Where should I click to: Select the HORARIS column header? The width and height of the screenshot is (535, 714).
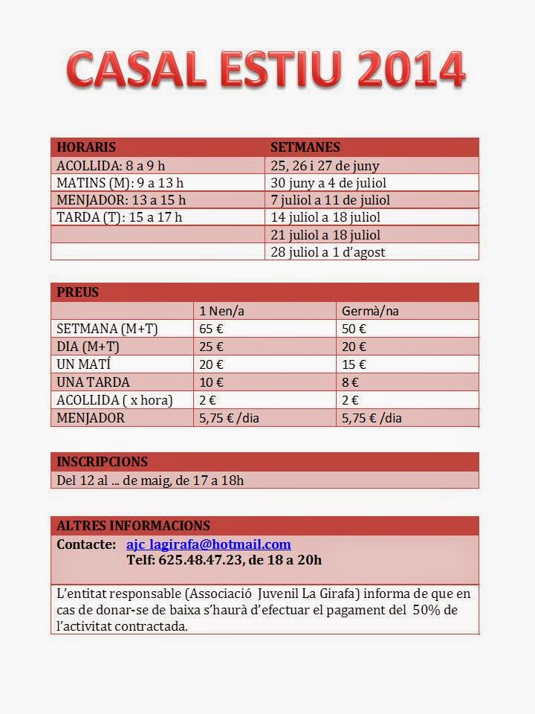pyautogui.click(x=86, y=147)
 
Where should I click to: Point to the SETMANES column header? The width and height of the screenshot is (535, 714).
pyautogui.click(x=305, y=147)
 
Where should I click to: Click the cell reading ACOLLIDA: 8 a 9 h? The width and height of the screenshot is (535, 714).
pyautogui.click(x=111, y=165)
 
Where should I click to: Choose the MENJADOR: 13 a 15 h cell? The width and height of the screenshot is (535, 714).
pyautogui.click(x=121, y=199)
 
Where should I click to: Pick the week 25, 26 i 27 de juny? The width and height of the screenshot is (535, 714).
pyautogui.click(x=325, y=165)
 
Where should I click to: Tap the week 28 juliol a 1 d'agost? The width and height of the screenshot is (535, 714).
pyautogui.click(x=328, y=251)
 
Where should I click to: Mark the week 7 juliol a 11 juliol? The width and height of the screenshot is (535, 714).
pyautogui.click(x=330, y=199)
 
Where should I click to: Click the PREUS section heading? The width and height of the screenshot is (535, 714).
pyautogui.click(x=78, y=292)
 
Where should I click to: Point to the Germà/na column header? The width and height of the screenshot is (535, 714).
pyautogui.click(x=370, y=311)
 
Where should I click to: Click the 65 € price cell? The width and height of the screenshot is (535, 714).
pyautogui.click(x=212, y=329)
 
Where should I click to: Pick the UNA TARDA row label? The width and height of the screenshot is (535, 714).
pyautogui.click(x=93, y=382)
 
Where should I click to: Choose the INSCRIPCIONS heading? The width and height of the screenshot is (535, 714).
pyautogui.click(x=103, y=461)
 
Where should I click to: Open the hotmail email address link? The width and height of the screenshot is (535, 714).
pyautogui.click(x=209, y=544)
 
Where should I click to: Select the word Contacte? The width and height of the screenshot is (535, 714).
pyautogui.click(x=86, y=544)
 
